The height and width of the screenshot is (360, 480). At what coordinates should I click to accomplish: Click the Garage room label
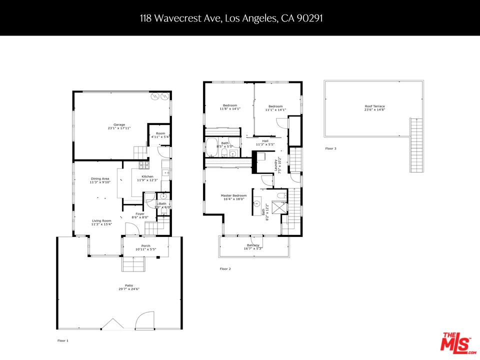click(x=119, y=124)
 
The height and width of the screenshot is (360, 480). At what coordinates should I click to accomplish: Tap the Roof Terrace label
click(x=374, y=106)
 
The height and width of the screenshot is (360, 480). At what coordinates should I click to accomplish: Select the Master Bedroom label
click(x=233, y=195)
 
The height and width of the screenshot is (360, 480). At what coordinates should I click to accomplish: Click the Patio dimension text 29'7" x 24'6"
click(x=128, y=289)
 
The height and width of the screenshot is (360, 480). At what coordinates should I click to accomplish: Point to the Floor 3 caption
click(x=330, y=148)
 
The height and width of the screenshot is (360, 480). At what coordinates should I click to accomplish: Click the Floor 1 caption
click(x=62, y=340)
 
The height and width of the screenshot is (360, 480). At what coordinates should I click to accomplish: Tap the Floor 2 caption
click(x=225, y=269)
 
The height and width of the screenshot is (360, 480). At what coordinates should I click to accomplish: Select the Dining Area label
click(x=100, y=178)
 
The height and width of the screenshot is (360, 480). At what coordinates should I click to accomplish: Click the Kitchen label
click(x=147, y=176)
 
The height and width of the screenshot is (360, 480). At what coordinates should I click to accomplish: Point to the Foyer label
click(x=140, y=214)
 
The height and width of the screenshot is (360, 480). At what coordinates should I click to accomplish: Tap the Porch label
click(x=145, y=245)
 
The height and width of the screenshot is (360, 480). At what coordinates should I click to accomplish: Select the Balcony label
click(x=252, y=245)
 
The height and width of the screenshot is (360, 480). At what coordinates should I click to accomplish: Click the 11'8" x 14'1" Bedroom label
click(x=229, y=105)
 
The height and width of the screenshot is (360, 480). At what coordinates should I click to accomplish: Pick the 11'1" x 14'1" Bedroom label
click(x=275, y=106)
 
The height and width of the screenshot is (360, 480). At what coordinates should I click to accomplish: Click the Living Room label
click(x=101, y=220)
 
